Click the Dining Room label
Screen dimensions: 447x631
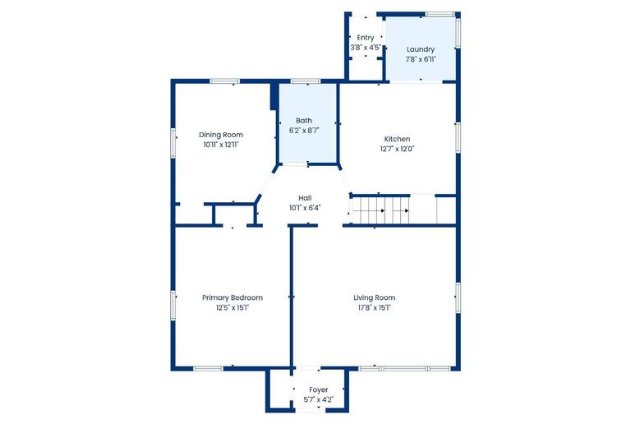click(221, 135)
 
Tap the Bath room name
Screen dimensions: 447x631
click(303, 121)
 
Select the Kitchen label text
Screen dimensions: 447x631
click(397, 139)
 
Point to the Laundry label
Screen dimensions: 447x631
click(420, 49)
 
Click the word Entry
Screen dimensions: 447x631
click(366, 38)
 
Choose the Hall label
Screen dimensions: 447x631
click(304, 198)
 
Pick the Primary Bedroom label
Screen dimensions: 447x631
click(233, 297)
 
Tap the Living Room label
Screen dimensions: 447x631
click(374, 297)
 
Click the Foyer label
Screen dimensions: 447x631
click(318, 389)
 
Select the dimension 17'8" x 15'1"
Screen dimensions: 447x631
click(374, 308)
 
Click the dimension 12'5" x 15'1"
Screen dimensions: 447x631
click(233, 308)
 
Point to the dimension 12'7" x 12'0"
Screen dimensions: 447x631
click(397, 149)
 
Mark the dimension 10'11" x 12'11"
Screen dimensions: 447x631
click(221, 145)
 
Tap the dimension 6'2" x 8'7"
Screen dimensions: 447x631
click(303, 131)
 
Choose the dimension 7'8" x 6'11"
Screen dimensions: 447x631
click(420, 59)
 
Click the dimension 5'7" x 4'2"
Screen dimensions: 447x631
click(318, 399)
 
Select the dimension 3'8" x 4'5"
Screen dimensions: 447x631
click(366, 48)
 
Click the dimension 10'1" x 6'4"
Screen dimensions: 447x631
click(304, 208)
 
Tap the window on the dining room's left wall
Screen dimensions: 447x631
click(173, 142)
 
